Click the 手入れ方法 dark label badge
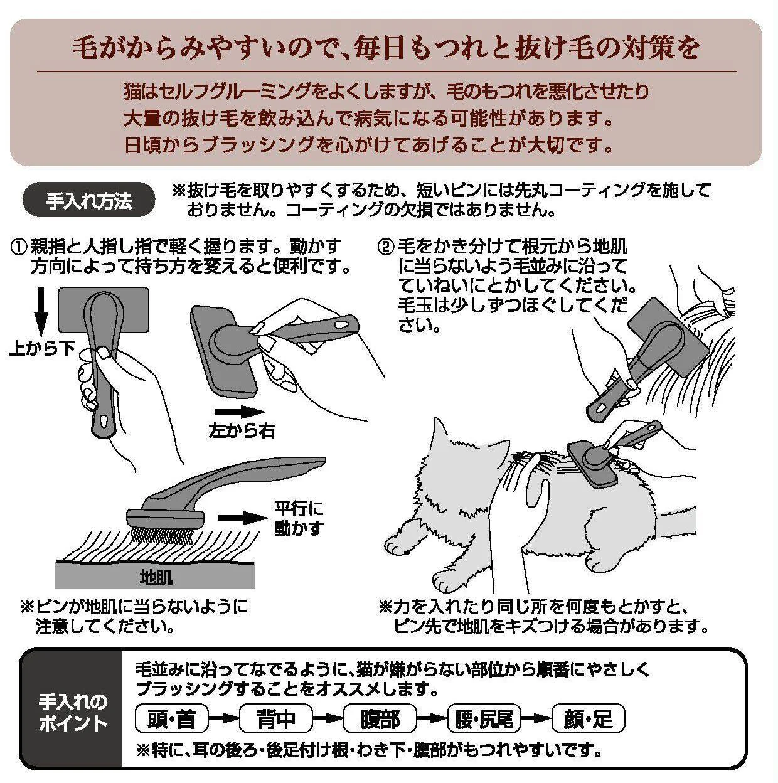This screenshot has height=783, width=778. point(88,200)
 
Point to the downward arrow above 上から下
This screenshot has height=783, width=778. point(41,312)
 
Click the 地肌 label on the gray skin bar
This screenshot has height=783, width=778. point(156,577)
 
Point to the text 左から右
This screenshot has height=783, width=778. point(242,431)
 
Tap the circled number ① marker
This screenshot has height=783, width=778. point(19,247)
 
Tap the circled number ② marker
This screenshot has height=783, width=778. point(386,247)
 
